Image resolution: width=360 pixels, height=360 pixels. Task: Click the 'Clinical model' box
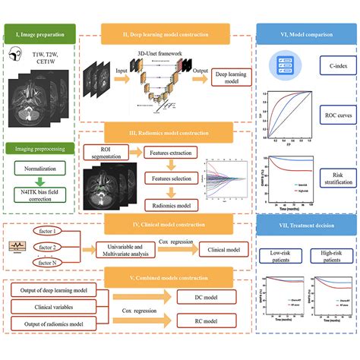(226, 248)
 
